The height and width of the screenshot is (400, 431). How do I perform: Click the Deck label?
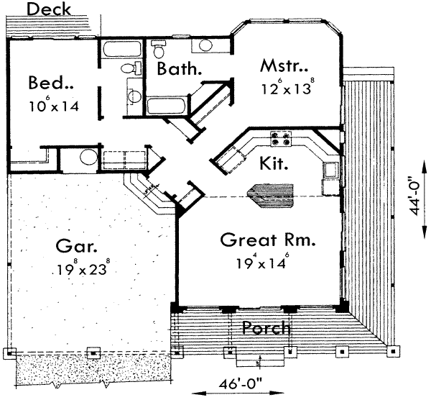tap(49, 9)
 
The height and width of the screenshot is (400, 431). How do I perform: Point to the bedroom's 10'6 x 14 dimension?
tap(53, 106)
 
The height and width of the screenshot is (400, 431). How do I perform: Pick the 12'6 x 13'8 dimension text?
tap(288, 91)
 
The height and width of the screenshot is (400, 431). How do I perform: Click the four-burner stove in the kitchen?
tap(280, 138)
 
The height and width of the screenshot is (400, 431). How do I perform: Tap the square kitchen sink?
tap(330, 171)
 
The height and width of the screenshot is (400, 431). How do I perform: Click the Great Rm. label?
tap(269, 240)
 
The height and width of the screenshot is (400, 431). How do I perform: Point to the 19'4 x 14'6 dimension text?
tap(261, 263)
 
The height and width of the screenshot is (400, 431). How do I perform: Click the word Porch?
tap(267, 329)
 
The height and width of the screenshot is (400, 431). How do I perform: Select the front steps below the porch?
tap(259, 360)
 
